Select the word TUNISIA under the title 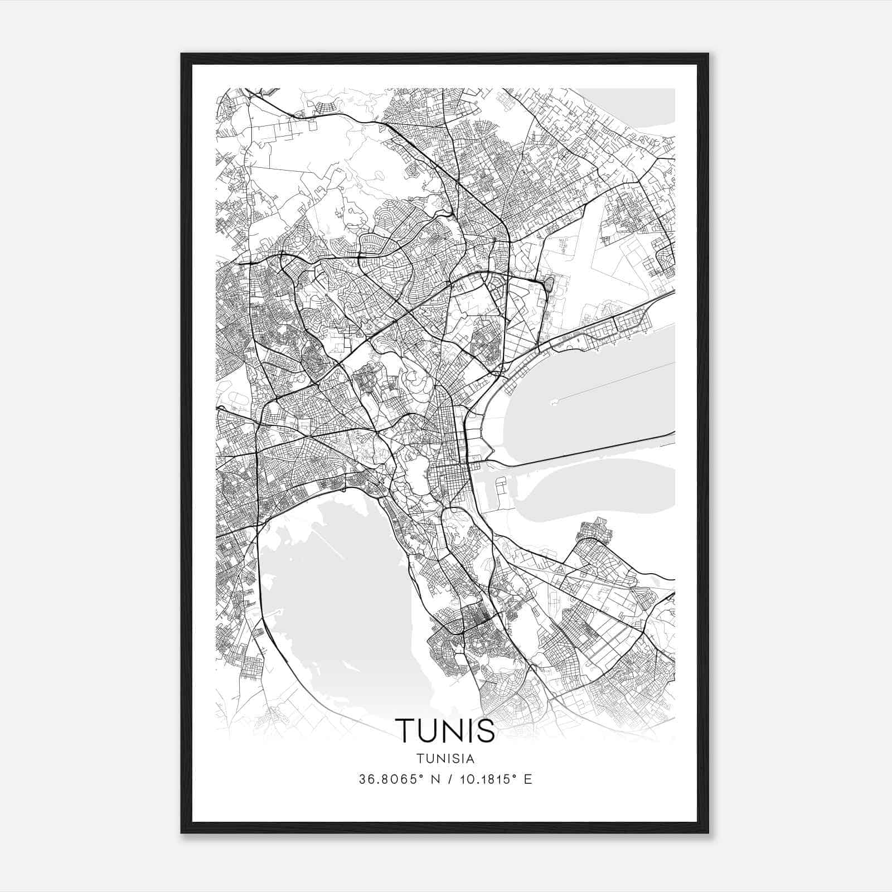(445, 759)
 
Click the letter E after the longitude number (527, 779)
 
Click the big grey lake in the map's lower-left (334, 602)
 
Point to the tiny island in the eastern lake (554, 401)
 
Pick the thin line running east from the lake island (613, 381)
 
